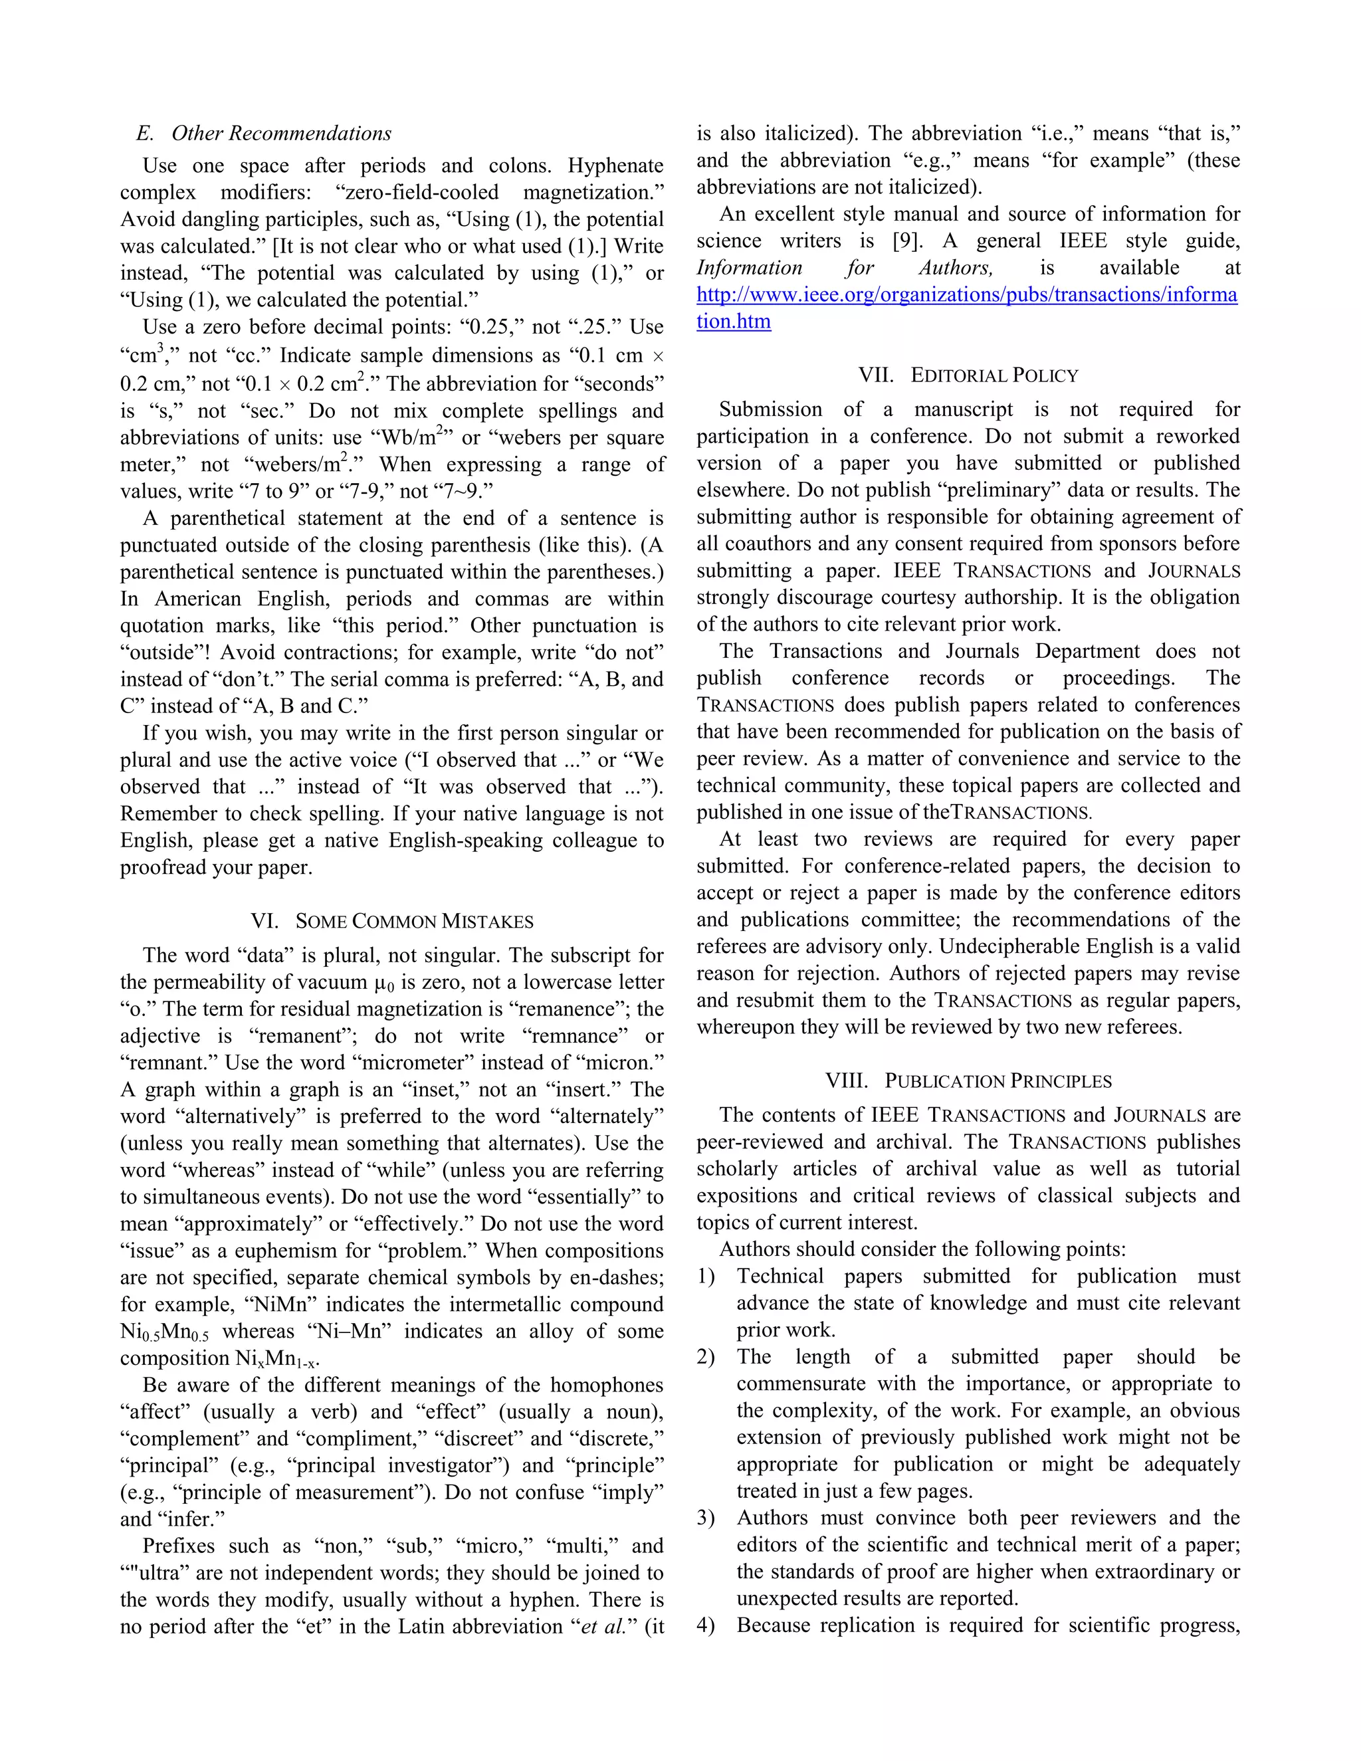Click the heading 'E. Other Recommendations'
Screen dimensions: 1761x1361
coord(264,134)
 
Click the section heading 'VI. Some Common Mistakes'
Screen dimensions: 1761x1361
coord(392,922)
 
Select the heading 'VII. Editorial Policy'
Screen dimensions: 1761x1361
coord(968,375)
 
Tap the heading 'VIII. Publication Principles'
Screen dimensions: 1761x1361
coord(968,1081)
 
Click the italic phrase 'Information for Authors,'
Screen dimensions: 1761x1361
coord(844,268)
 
